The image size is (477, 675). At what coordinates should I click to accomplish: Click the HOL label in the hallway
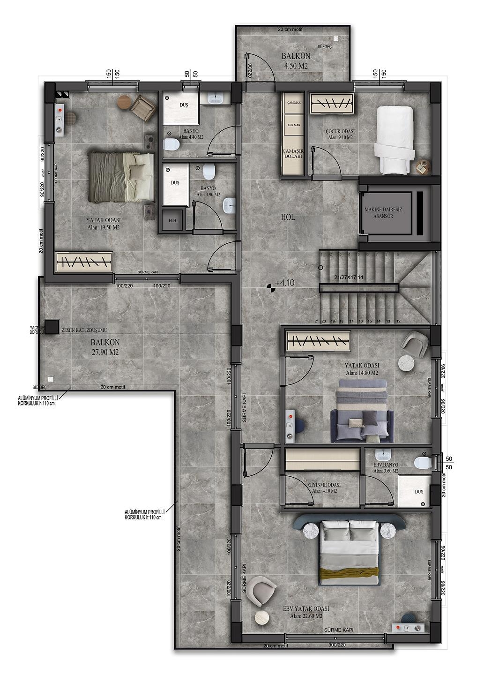click(288, 217)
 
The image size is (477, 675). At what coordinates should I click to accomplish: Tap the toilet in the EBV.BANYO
click(422, 463)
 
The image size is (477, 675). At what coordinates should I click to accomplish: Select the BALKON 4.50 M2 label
click(296, 61)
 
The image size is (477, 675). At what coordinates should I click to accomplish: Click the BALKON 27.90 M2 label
click(105, 347)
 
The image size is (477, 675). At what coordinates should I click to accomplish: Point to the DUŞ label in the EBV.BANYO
click(418, 492)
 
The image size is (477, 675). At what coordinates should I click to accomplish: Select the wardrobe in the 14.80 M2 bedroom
click(319, 341)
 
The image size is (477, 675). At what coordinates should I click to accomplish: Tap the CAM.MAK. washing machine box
click(294, 102)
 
